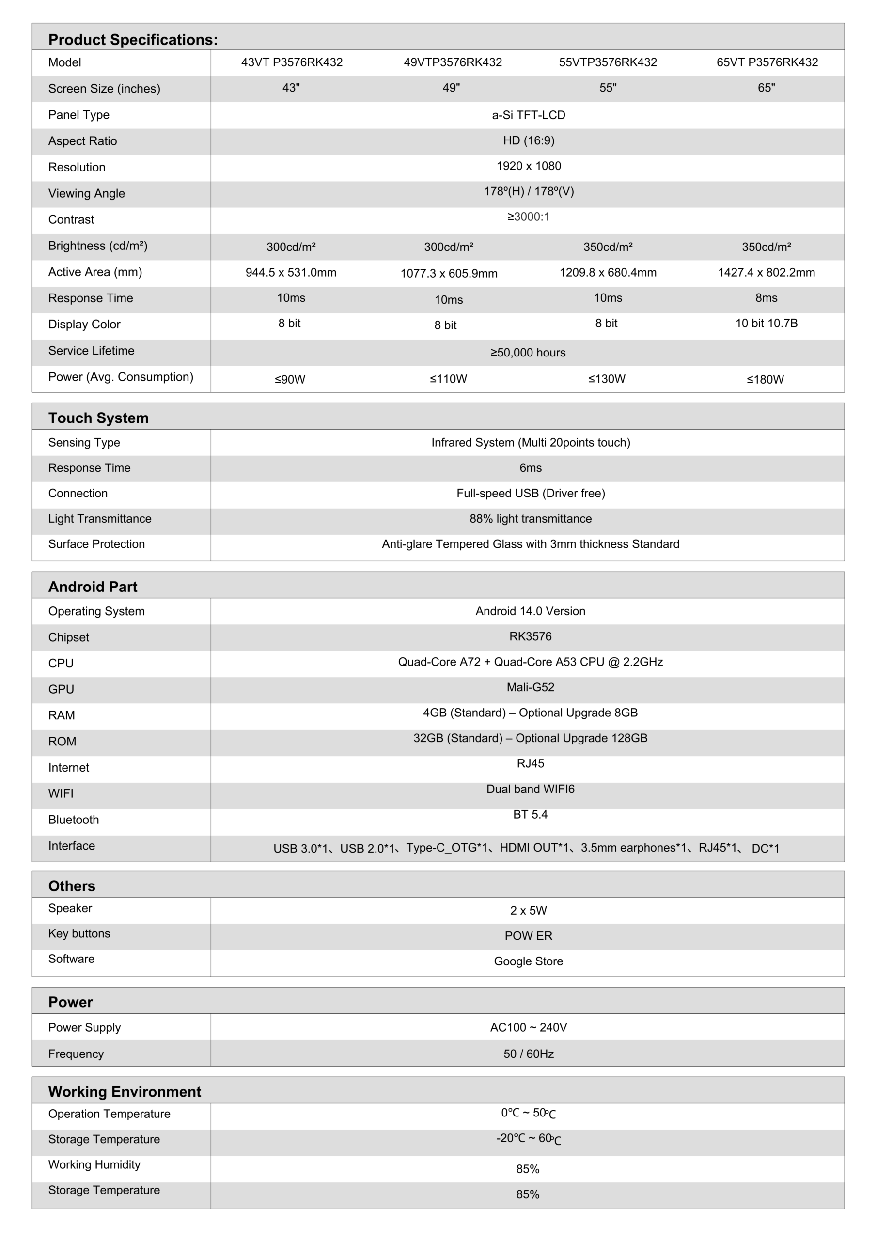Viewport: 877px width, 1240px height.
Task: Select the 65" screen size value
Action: pyautogui.click(x=766, y=88)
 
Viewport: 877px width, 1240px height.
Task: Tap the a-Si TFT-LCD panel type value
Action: pyautogui.click(x=528, y=115)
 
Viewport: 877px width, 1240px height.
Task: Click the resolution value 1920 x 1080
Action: pyautogui.click(x=528, y=166)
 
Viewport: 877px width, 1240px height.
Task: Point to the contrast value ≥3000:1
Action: pyautogui.click(x=528, y=217)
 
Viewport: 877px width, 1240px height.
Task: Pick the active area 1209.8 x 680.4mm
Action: pyautogui.click(x=608, y=273)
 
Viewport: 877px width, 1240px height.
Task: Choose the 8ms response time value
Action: pyautogui.click(x=766, y=298)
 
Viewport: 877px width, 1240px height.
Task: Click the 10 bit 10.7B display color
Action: pyautogui.click(x=766, y=324)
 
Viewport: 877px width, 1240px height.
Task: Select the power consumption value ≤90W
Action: pyautogui.click(x=290, y=380)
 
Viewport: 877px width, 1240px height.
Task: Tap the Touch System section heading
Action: pyautogui.click(x=98, y=418)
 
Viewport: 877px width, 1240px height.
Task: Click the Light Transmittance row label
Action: pyautogui.click(x=99, y=518)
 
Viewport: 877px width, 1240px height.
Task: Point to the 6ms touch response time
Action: pyautogui.click(x=530, y=468)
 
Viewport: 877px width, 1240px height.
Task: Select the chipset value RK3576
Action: pyautogui.click(x=530, y=637)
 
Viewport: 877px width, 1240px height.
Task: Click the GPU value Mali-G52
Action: pyautogui.click(x=530, y=687)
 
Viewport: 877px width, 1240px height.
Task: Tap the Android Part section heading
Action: pyautogui.click(x=93, y=587)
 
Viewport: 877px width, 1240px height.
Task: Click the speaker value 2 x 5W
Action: pyautogui.click(x=528, y=911)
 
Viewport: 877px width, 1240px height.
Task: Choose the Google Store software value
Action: pyautogui.click(x=528, y=961)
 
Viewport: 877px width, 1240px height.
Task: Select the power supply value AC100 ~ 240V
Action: pyautogui.click(x=528, y=1028)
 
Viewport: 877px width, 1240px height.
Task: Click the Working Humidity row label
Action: pyautogui.click(x=94, y=1164)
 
